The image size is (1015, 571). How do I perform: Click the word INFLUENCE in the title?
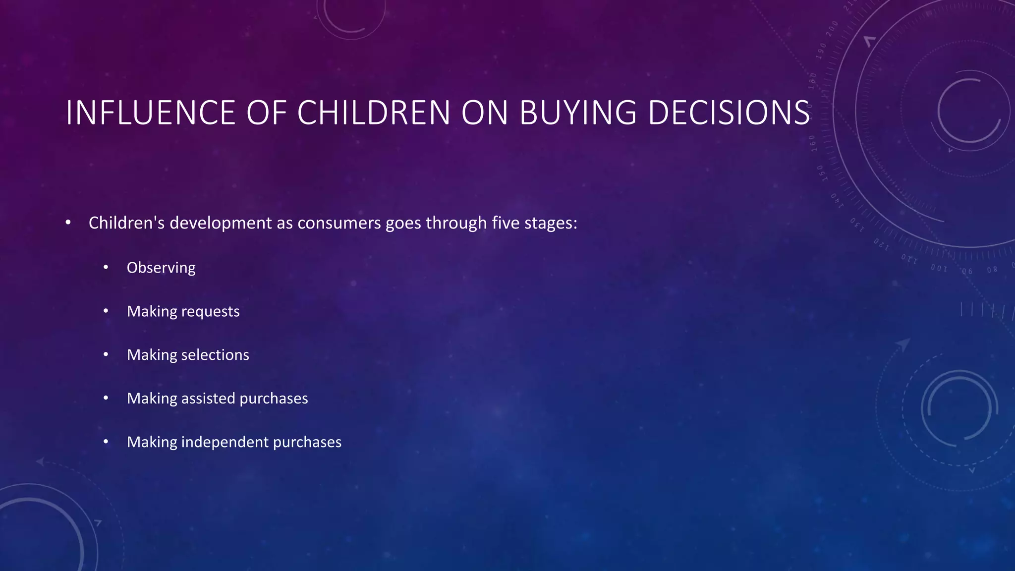(x=150, y=113)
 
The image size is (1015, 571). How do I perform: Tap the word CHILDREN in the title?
(x=373, y=113)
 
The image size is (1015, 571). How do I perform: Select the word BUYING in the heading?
(x=577, y=113)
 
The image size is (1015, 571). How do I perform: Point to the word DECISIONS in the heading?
(x=729, y=113)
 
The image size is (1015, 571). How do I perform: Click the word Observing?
(x=161, y=268)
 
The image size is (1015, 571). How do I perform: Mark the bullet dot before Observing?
(x=106, y=268)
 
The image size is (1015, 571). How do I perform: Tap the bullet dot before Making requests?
(x=106, y=311)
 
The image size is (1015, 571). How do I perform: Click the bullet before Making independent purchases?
(x=106, y=442)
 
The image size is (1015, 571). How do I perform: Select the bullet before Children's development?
(x=68, y=223)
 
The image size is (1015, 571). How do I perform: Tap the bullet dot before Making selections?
(x=106, y=355)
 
